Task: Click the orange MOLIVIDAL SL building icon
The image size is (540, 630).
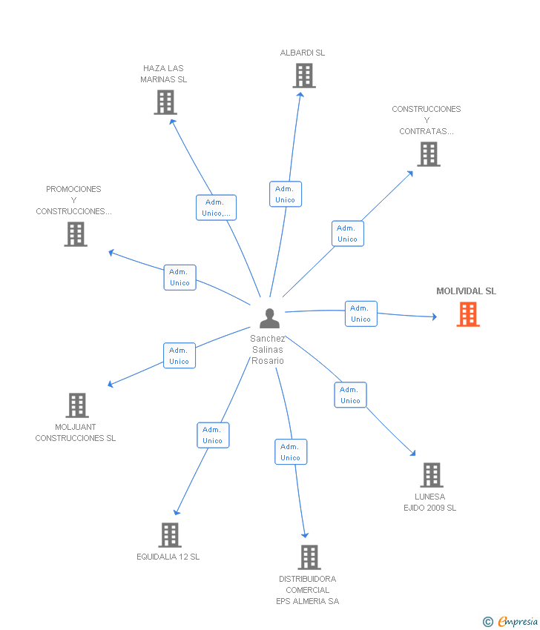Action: click(468, 314)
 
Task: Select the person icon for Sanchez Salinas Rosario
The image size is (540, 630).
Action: click(269, 318)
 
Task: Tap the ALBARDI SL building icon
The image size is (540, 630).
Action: click(304, 76)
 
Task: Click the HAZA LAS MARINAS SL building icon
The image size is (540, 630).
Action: click(165, 102)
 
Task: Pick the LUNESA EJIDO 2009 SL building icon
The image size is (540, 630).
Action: click(432, 475)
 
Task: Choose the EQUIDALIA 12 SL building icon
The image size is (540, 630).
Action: click(170, 535)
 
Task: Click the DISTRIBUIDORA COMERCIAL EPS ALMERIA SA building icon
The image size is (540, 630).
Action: click(309, 557)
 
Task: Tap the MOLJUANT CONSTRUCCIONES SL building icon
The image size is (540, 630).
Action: click(77, 405)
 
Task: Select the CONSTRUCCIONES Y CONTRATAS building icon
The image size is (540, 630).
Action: click(429, 154)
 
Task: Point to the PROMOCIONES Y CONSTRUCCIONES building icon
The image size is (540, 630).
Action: click(76, 234)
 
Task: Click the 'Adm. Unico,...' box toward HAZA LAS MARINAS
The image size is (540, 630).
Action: click(217, 208)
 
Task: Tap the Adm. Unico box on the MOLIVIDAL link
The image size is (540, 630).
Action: click(361, 314)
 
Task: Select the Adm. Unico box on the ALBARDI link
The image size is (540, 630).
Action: click(286, 194)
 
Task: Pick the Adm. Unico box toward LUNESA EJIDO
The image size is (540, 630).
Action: click(351, 395)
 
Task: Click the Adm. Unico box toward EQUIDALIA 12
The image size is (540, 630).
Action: click(213, 435)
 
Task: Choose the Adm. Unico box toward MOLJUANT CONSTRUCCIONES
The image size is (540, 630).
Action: click(180, 356)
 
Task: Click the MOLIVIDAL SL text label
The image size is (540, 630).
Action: click(467, 291)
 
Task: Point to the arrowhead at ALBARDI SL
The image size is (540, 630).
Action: click(300, 95)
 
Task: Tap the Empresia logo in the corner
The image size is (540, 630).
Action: click(510, 621)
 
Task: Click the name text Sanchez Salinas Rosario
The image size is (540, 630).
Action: click(268, 350)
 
